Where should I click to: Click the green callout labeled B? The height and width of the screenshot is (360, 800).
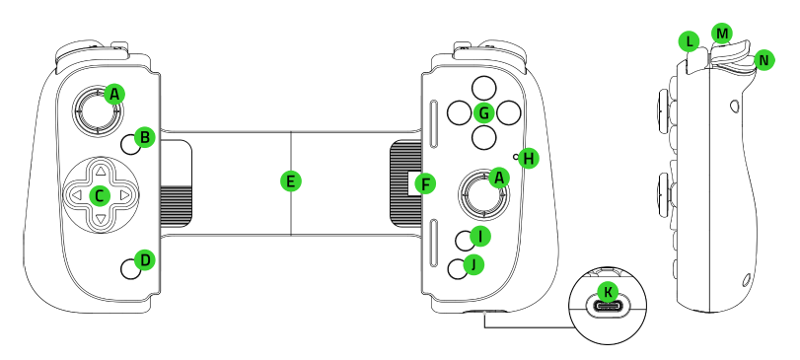(144, 137)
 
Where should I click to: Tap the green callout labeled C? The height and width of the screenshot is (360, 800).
(99, 195)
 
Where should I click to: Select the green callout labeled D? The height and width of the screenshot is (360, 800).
(144, 260)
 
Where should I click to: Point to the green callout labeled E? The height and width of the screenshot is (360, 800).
(289, 180)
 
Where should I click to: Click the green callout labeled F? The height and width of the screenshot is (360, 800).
(425, 182)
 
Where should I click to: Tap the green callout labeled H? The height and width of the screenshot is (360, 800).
(529, 158)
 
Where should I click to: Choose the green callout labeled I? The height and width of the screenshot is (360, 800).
(479, 236)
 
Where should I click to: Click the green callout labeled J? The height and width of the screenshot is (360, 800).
(474, 264)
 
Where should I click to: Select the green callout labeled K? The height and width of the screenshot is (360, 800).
(609, 291)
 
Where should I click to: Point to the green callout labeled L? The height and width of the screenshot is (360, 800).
(689, 41)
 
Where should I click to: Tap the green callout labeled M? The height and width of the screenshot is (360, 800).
(723, 34)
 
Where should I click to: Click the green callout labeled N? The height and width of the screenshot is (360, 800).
(764, 61)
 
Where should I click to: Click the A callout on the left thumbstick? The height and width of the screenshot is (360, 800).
(115, 94)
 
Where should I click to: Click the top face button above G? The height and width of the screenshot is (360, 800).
(482, 87)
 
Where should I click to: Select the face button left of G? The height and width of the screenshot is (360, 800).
(458, 112)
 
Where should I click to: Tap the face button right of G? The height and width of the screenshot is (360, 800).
(508, 112)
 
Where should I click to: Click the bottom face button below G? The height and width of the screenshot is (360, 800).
(482, 137)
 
